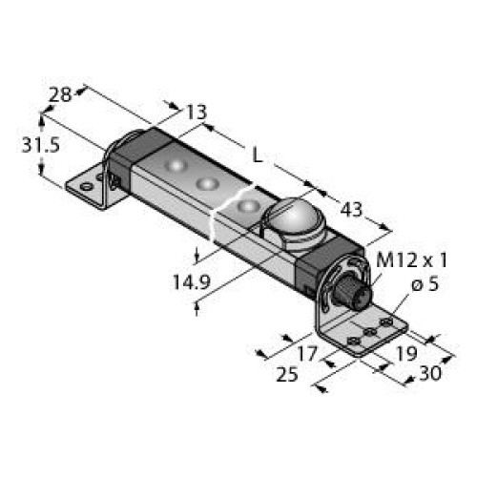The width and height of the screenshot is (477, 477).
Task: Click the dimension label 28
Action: pos(60,94)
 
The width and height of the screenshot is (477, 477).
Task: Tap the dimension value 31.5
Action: pos(41,146)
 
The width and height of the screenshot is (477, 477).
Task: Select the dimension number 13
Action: pos(197,113)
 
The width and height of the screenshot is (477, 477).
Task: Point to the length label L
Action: pos(258,156)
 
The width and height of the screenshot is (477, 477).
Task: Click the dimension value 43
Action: pos(351,210)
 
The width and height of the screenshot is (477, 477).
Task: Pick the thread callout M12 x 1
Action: pos(412,260)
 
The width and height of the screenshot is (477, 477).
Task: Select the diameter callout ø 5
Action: pos(425,283)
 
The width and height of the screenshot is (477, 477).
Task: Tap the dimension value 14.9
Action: pos(192,281)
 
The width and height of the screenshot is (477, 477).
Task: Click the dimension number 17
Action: pos(307,354)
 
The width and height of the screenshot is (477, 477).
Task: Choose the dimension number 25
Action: pos(287,374)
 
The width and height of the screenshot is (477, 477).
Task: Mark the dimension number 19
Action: pos(405,354)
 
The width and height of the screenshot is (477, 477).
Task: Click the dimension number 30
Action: pos(430,373)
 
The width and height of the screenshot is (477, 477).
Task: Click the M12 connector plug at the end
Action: pos(350,292)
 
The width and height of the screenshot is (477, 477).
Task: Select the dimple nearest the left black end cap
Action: pos(176,165)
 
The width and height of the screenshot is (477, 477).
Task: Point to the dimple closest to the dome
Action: pos(249,207)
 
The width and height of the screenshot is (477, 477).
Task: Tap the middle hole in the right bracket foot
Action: pos(370,332)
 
